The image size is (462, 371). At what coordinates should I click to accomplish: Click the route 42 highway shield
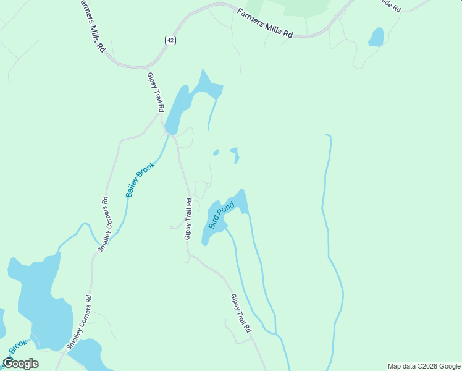click(170, 40)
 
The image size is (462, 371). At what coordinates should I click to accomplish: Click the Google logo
click(20, 364)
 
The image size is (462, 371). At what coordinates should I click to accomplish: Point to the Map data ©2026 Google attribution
click(424, 366)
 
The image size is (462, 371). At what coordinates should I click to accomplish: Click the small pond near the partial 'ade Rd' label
click(376, 37)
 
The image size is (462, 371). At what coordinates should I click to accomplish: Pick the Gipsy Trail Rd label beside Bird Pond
click(188, 219)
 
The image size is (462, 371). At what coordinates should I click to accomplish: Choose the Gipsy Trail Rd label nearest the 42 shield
click(156, 92)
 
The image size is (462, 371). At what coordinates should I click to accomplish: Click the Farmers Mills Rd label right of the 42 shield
click(265, 23)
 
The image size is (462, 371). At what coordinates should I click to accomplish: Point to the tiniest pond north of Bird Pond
click(216, 152)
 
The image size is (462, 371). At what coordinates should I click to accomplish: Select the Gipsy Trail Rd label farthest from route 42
click(240, 313)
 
